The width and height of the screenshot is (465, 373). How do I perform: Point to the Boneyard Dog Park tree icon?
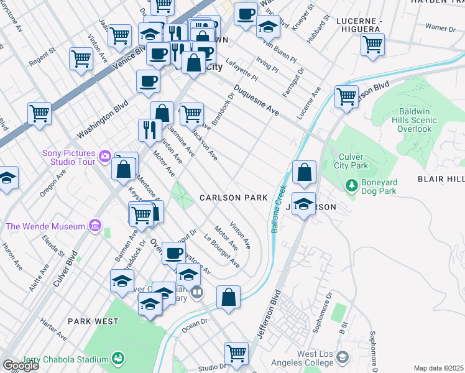point(352,186)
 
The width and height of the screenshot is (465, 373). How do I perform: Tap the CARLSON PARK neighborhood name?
point(233,198)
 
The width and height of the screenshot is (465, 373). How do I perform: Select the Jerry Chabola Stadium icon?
point(117,358)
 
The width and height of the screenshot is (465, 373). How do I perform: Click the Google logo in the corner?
point(20,366)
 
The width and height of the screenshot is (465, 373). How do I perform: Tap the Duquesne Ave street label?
point(257,101)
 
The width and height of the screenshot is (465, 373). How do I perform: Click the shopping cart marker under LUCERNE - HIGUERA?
point(372,44)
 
